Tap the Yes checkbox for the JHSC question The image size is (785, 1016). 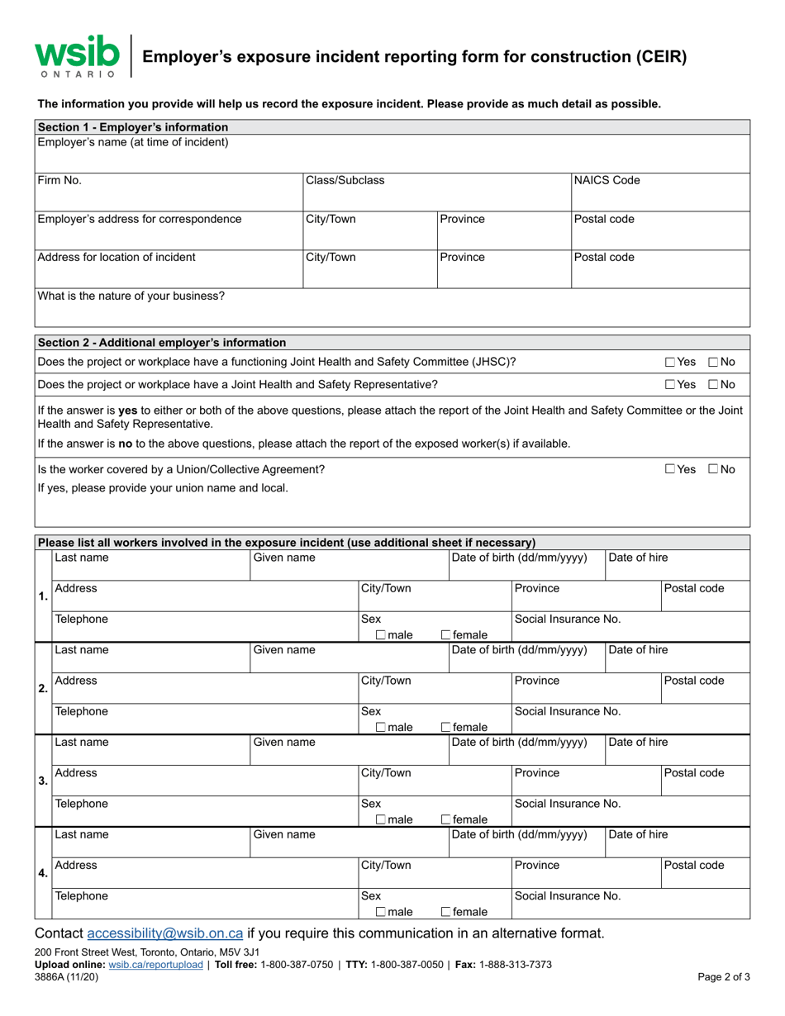(670, 362)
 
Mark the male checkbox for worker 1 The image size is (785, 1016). (380, 635)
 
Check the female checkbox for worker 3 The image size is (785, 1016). (446, 819)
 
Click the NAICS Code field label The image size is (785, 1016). (607, 180)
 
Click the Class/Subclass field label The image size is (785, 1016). (345, 180)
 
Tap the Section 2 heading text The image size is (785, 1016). (162, 342)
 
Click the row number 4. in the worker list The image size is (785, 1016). (43, 873)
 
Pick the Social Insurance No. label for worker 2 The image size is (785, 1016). (568, 710)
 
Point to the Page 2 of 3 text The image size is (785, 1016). (725, 976)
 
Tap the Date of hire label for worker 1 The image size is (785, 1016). (638, 557)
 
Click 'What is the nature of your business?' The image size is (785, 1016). (131, 295)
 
